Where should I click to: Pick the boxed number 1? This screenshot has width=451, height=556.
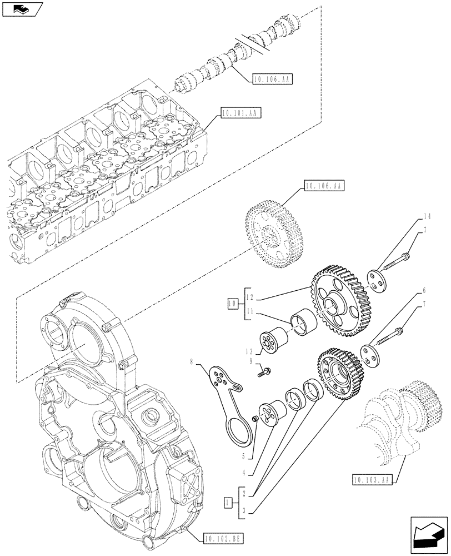click(x=227, y=504)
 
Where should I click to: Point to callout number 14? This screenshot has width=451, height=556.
click(x=427, y=216)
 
